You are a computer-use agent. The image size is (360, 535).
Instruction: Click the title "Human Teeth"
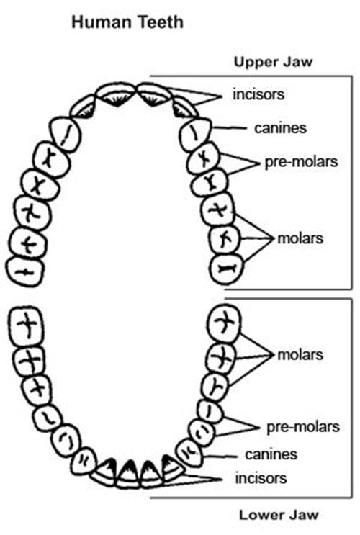pyautogui.click(x=127, y=22)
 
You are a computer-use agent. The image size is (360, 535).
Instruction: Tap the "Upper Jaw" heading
pyautogui.click(x=273, y=62)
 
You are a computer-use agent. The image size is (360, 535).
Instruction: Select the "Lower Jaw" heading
pyautogui.click(x=279, y=515)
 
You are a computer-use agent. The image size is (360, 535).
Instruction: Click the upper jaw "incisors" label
pyautogui.click(x=258, y=94)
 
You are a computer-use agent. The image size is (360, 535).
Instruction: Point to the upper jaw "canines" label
pyautogui.click(x=280, y=128)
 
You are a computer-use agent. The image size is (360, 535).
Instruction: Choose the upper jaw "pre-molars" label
pyautogui.click(x=301, y=161)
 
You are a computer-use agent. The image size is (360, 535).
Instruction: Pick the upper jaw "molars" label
pyautogui.click(x=300, y=238)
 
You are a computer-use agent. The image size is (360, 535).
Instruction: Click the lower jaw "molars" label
pyautogui.click(x=300, y=355)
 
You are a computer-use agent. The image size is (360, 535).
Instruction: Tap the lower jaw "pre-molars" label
pyautogui.click(x=303, y=427)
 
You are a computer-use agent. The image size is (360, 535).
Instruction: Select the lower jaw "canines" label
pyautogui.click(x=271, y=454)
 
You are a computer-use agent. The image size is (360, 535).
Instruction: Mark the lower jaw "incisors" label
pyautogui.click(x=261, y=478)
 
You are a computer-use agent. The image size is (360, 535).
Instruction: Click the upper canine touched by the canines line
pyautogui.click(x=195, y=134)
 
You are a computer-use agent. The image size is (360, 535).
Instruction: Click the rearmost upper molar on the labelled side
pyautogui.click(x=227, y=269)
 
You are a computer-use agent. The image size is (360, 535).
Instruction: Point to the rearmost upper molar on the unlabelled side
pyautogui.click(x=24, y=271)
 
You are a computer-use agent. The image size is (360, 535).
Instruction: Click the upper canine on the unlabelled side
pyautogui.click(x=66, y=133)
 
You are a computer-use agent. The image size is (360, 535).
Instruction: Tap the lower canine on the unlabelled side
pyautogui.click(x=84, y=460)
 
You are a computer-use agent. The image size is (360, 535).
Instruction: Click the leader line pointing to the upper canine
pyautogui.click(x=229, y=128)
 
